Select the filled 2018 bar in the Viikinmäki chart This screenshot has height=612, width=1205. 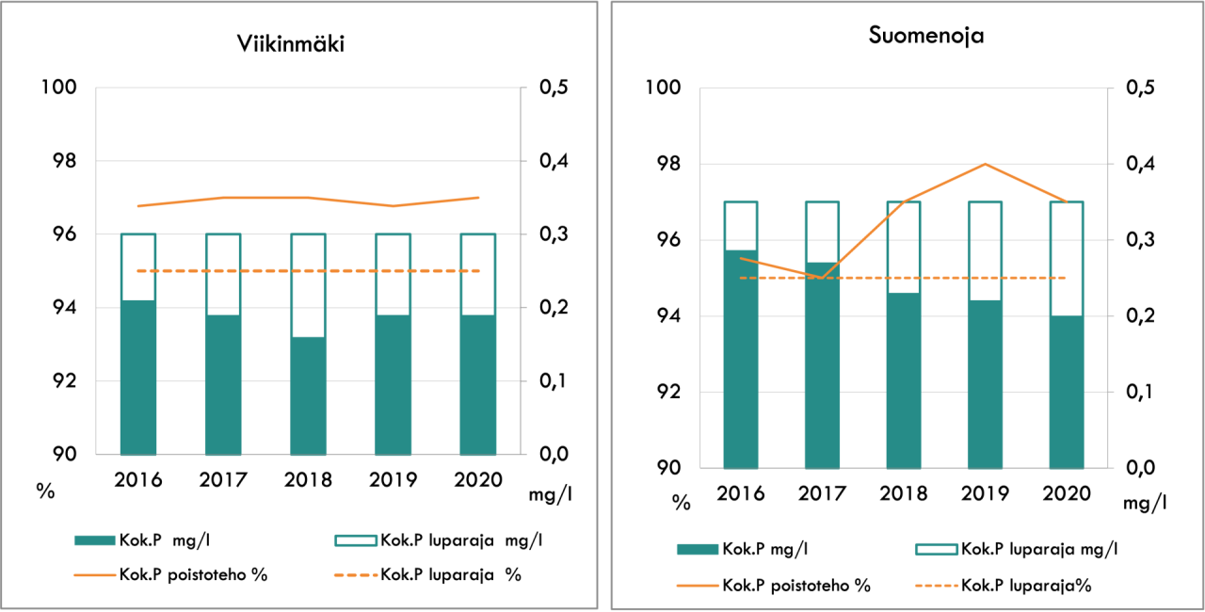click(308, 395)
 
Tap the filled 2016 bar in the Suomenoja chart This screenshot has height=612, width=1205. click(741, 359)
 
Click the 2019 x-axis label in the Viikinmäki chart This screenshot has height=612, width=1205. click(393, 479)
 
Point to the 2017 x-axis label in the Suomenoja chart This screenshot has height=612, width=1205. click(822, 493)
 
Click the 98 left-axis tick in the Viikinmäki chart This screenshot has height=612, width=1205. click(59, 161)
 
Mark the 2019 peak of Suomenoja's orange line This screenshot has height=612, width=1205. click(985, 164)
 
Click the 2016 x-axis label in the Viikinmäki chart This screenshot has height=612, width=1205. click(138, 479)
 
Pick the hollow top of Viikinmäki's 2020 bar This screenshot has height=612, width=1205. click(477, 274)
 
